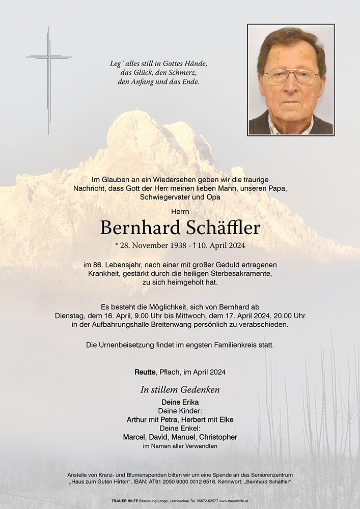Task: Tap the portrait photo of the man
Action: pos(291,80)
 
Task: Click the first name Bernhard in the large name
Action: pos(134,228)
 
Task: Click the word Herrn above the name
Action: pos(180,211)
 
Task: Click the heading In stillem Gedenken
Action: pos(180,390)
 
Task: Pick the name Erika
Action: pos(189,403)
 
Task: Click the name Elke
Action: pos(226,420)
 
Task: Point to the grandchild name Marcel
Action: pos(134,437)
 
